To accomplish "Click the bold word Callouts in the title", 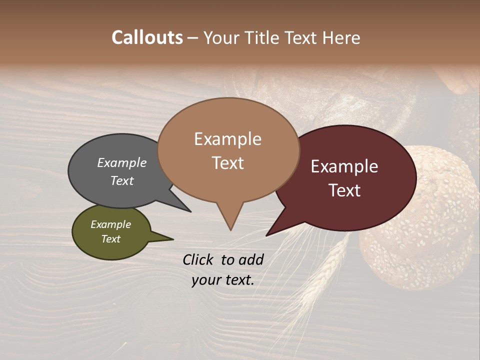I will pos(147,37).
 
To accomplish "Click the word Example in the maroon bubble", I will pos(344,166).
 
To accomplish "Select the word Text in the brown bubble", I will pos(228,163).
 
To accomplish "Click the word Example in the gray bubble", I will pos(122,163).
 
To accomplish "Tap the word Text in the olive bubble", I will pos(111,239).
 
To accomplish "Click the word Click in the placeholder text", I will pos(198,259).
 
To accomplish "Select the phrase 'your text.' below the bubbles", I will pos(223,280).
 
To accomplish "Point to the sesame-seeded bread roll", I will pos(420,215).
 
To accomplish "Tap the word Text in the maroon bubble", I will pos(345,190).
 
